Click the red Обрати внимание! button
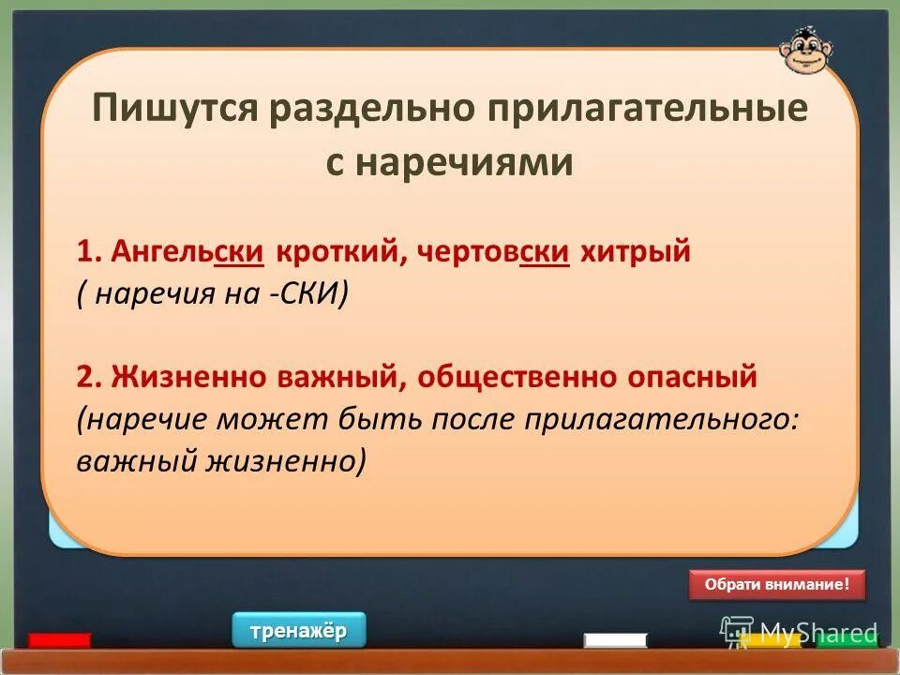coord(777,584)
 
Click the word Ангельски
coord(186,251)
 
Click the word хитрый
coord(635,251)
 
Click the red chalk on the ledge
coord(60,641)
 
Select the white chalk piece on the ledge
coord(615,640)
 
